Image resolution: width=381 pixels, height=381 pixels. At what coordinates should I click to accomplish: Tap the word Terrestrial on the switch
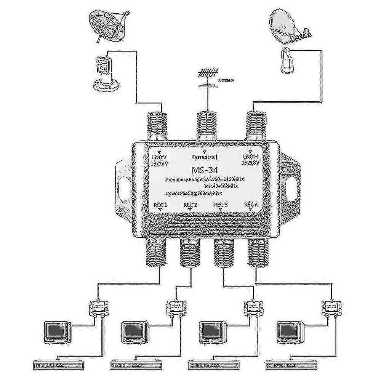pos(205,157)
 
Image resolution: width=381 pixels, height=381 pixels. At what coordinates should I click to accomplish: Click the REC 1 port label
pos(160,205)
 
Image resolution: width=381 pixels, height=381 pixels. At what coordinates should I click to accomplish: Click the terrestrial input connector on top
pos(206,125)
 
